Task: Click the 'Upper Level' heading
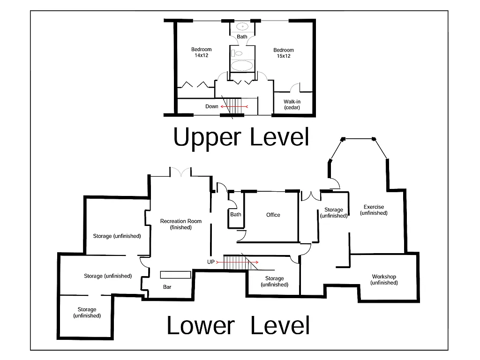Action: [x=241, y=137]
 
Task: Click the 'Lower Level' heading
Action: [x=238, y=325]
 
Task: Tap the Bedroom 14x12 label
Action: [x=202, y=52]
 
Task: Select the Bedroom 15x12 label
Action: [x=284, y=53]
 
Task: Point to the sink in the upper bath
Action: [x=242, y=26]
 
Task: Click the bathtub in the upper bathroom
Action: [x=242, y=65]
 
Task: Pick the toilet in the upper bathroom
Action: [x=237, y=53]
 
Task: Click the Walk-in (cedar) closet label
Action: [x=292, y=105]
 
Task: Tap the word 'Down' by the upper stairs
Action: [x=212, y=106]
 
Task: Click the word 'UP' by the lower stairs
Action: [x=211, y=262]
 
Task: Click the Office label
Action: [x=273, y=215]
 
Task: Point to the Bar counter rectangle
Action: [x=176, y=275]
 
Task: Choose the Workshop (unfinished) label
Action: [x=384, y=279]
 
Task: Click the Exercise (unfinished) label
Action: [x=374, y=210]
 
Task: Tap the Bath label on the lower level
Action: [x=236, y=215]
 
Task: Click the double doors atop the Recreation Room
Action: [x=180, y=172]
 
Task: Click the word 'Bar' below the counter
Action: [x=167, y=287]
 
